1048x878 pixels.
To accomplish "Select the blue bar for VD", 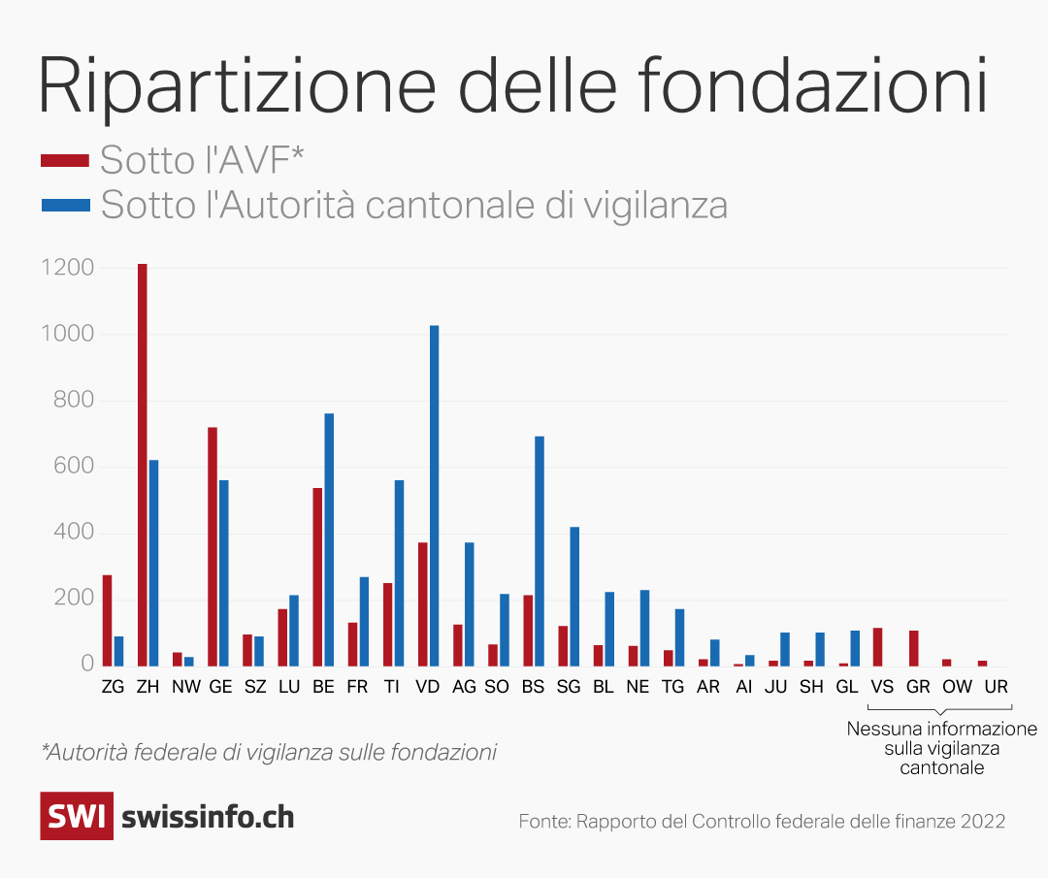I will click(435, 495).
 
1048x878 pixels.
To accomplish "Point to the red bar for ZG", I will click(108, 620).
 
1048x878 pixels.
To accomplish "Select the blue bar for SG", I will click(574, 596).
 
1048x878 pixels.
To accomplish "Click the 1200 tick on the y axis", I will click(67, 268).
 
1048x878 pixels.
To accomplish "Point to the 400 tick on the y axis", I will click(74, 533).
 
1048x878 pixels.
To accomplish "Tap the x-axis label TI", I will click(392, 686).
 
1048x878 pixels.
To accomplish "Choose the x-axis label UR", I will click(996, 686).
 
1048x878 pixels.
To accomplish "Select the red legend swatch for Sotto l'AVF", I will click(64, 158).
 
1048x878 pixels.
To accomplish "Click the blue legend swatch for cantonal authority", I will click(64, 205).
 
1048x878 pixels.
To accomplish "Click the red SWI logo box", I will click(77, 816).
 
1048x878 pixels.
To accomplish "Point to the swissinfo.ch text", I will click(208, 817).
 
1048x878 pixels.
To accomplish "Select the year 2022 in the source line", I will click(983, 821).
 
